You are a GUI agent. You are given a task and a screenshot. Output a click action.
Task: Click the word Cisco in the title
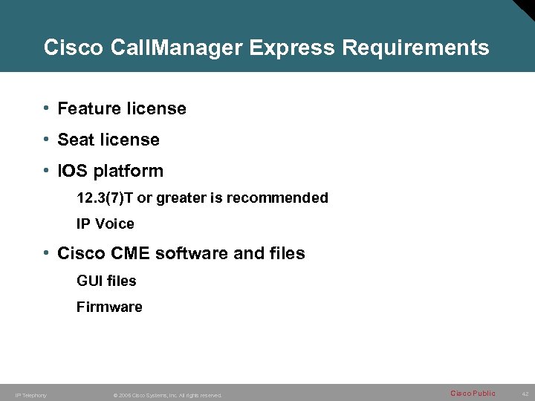[x=73, y=48]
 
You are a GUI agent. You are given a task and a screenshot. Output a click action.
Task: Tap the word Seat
[x=75, y=140]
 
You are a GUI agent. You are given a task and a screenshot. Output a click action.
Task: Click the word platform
[x=129, y=172]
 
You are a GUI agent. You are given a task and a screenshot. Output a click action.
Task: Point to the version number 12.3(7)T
[x=103, y=198]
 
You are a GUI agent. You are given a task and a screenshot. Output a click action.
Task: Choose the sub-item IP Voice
[x=106, y=224]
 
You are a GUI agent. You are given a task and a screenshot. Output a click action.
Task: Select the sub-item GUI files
[x=106, y=281]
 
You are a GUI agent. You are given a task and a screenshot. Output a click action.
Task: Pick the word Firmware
[x=109, y=307]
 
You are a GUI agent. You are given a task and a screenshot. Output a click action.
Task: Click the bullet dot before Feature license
[x=46, y=108]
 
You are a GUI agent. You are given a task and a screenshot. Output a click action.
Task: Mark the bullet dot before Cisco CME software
[x=46, y=253]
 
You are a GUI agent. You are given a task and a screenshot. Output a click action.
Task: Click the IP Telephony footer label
[x=30, y=395]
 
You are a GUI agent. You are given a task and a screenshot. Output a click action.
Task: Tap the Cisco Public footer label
[x=473, y=393]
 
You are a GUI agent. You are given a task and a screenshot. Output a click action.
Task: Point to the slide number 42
[x=524, y=394]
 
